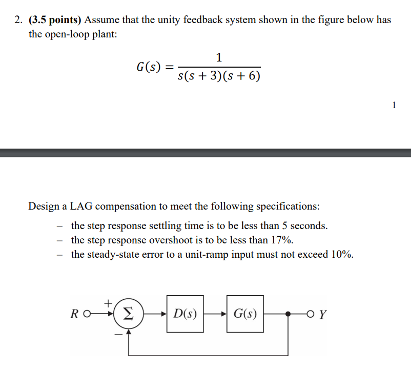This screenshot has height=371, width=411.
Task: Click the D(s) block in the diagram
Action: coord(185,314)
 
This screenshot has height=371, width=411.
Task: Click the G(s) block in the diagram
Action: coord(245,314)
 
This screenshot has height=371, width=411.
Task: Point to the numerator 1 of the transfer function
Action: coord(219,56)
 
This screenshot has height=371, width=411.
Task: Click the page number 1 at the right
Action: coord(394,105)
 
